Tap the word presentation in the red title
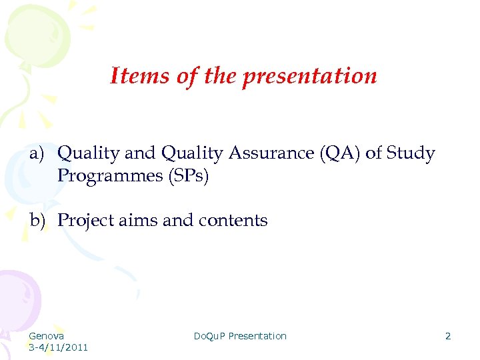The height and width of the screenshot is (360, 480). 309,76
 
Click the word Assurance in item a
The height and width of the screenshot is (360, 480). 272,154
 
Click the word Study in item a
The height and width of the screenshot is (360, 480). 410,154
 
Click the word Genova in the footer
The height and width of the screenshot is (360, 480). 47,336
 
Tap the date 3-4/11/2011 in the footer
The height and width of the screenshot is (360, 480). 58,347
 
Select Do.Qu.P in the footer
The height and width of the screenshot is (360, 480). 209,336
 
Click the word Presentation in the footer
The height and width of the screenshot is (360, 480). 257,336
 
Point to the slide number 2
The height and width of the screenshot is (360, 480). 448,336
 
